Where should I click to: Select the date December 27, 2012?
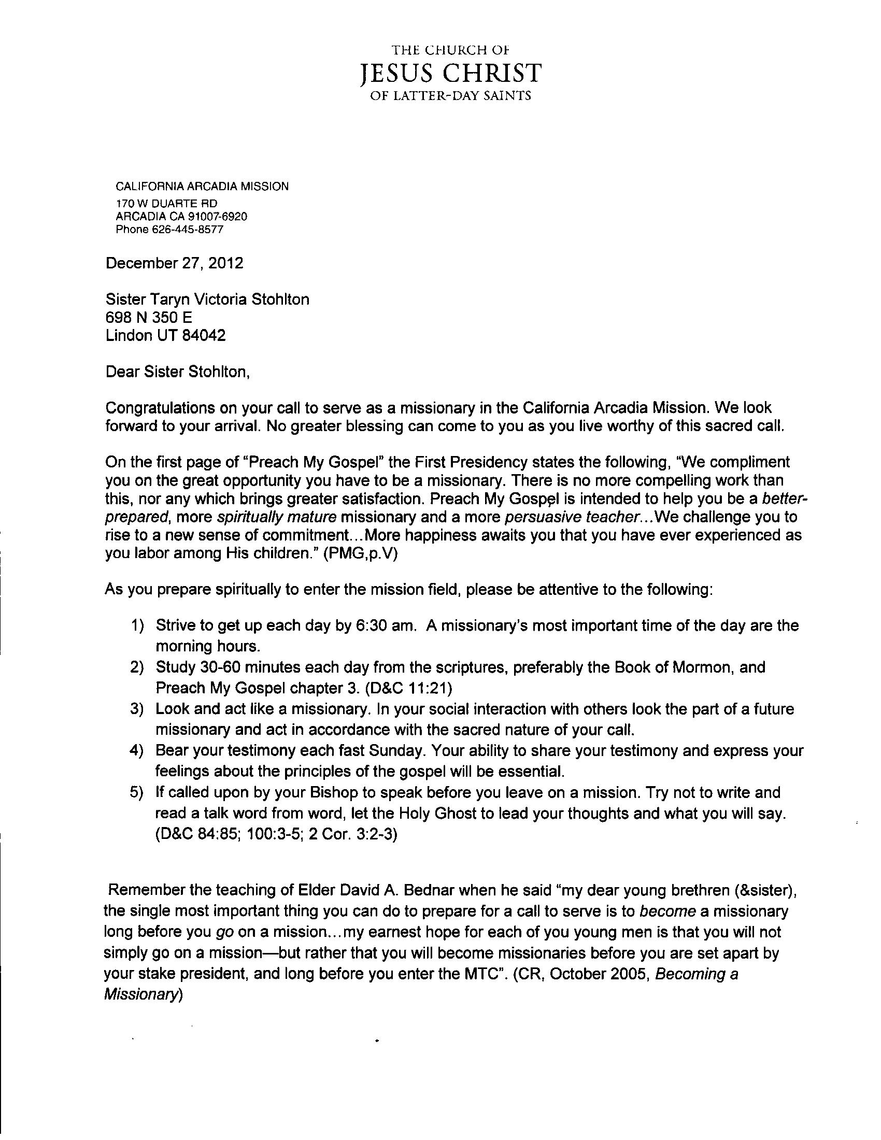[x=174, y=263]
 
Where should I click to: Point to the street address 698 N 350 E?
[x=149, y=317]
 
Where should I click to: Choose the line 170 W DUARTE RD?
[x=166, y=203]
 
